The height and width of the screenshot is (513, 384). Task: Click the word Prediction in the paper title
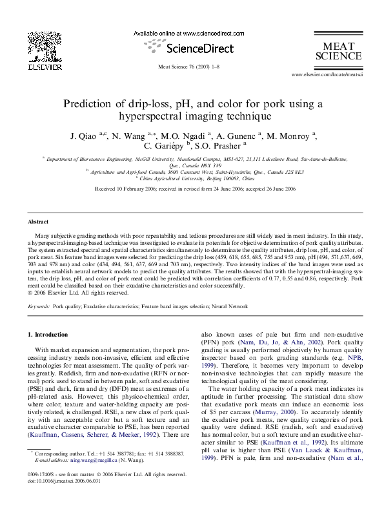point(86,103)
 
